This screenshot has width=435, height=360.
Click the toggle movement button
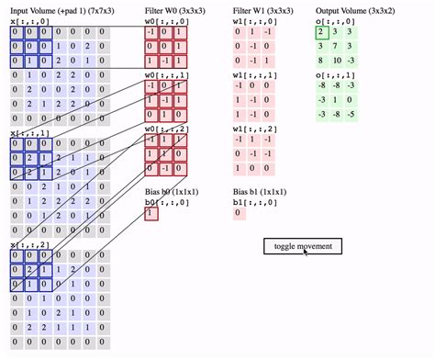tap(304, 245)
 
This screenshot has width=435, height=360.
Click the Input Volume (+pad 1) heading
tap(57, 10)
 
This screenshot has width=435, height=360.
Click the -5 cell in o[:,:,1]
tap(353, 115)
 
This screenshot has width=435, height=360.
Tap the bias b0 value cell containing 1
tap(151, 213)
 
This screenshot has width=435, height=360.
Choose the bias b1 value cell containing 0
tap(239, 213)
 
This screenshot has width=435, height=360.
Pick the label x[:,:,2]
tap(28, 245)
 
